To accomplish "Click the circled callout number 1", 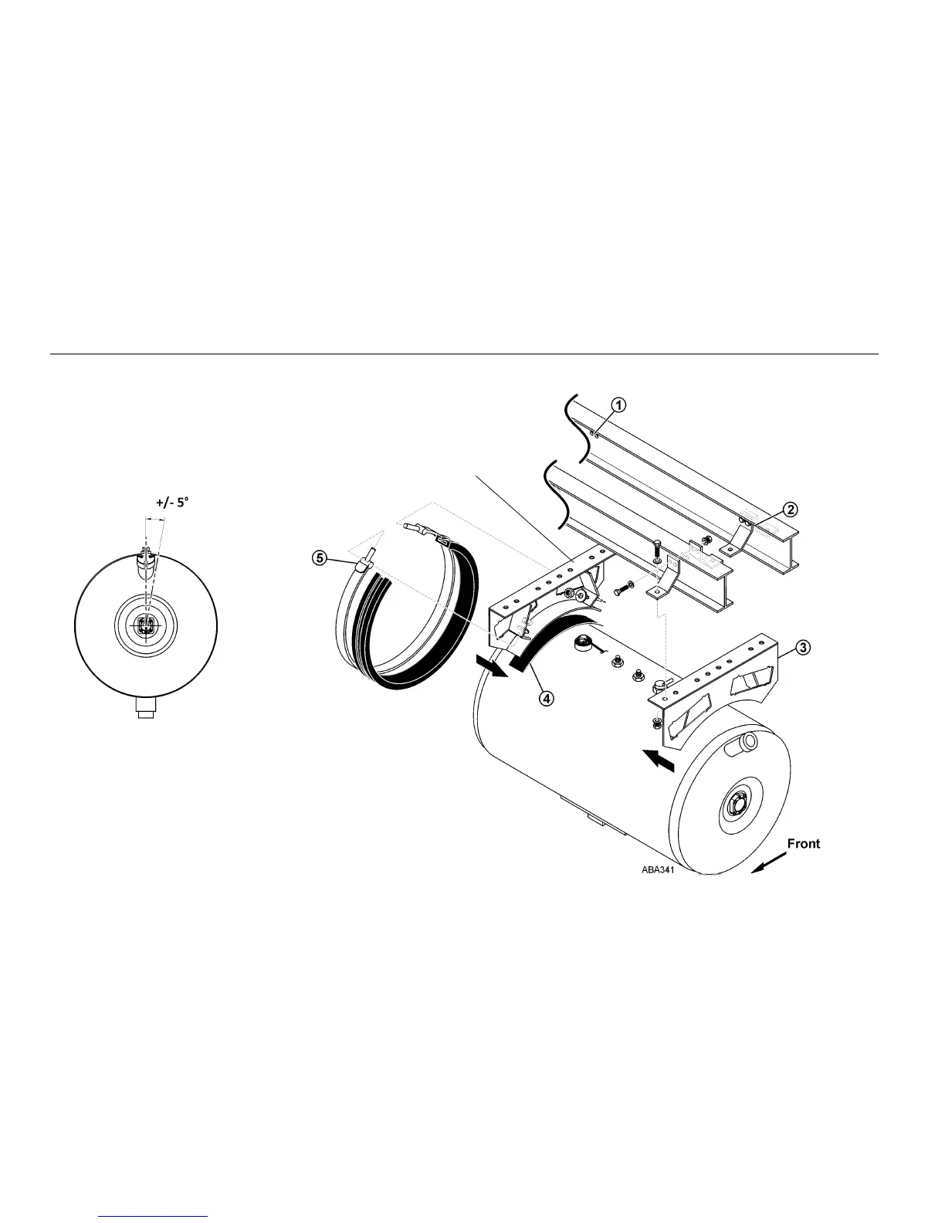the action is [619, 404].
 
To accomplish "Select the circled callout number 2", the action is [790, 509].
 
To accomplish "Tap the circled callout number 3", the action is [803, 647].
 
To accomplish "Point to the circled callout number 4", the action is [546, 698].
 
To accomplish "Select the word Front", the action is [803, 843].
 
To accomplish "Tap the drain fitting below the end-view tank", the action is [145, 707].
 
